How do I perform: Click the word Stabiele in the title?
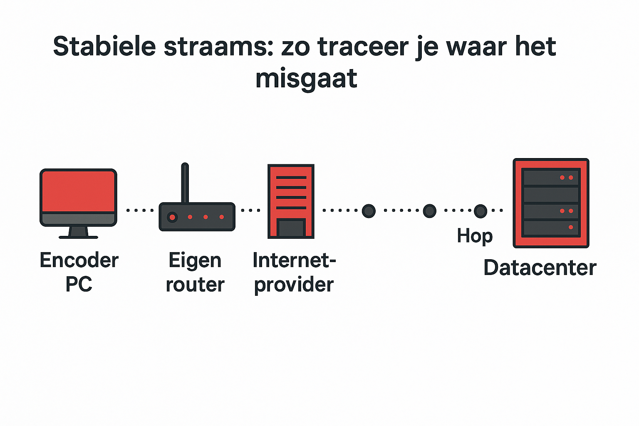(x=104, y=46)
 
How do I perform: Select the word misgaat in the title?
(x=306, y=79)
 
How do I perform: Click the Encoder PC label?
(x=79, y=272)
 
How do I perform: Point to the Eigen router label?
(x=195, y=272)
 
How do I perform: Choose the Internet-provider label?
(x=294, y=272)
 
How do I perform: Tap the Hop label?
(x=474, y=236)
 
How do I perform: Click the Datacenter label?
(x=540, y=267)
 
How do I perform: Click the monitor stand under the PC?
(x=78, y=232)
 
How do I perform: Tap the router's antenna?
(x=185, y=183)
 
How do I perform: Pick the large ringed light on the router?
(x=172, y=217)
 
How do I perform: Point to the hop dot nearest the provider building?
(x=369, y=211)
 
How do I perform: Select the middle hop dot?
(x=429, y=211)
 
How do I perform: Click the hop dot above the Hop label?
(x=480, y=211)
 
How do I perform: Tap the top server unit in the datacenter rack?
(x=551, y=178)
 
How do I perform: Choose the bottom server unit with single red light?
(x=551, y=228)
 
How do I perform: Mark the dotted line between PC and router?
(x=140, y=211)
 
